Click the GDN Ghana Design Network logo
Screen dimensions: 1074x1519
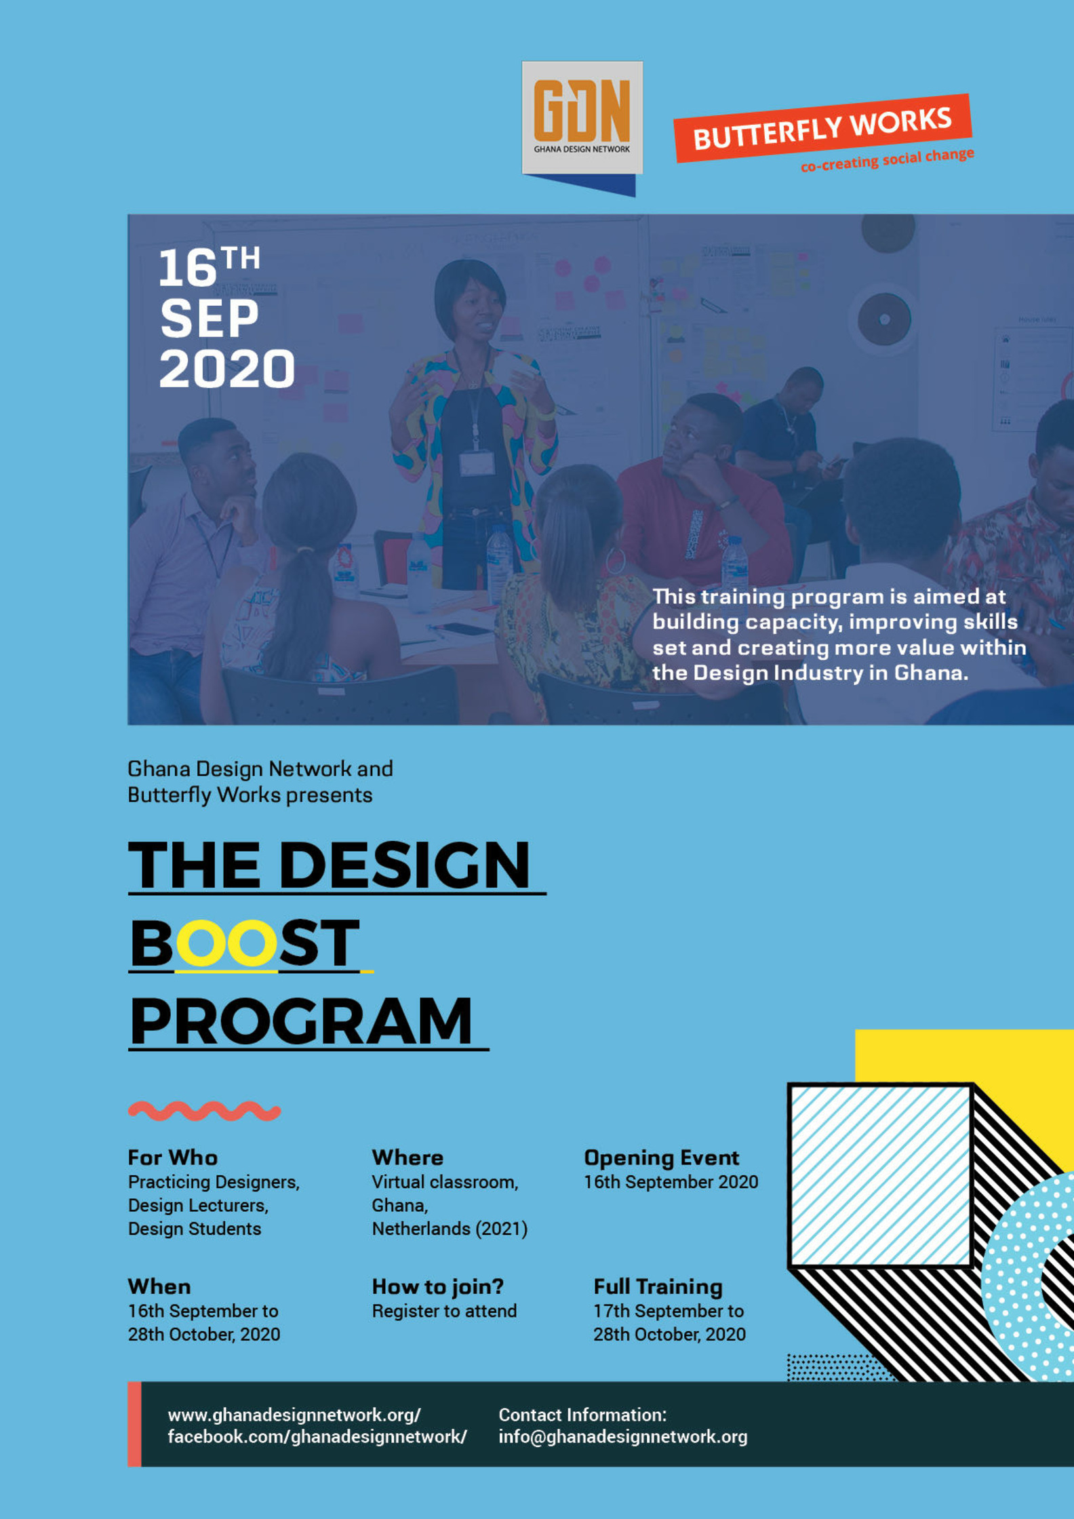click(x=582, y=118)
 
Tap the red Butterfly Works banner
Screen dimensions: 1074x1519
click(x=822, y=128)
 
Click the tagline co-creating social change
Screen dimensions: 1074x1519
click(x=888, y=160)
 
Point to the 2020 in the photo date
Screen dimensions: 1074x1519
click(x=227, y=369)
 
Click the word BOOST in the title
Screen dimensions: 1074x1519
click(x=244, y=943)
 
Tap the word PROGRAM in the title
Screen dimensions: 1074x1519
click(x=301, y=1021)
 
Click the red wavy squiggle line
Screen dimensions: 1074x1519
click(x=204, y=1111)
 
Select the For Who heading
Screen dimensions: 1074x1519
click(x=173, y=1158)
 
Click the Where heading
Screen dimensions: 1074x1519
click(x=407, y=1158)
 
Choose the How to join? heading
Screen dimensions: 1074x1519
click(x=438, y=1286)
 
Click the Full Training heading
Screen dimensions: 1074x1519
click(x=658, y=1287)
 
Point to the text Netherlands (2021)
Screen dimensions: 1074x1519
click(x=450, y=1229)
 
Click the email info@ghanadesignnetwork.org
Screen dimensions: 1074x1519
click(x=623, y=1436)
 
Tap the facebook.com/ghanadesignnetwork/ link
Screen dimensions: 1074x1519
click(x=317, y=1436)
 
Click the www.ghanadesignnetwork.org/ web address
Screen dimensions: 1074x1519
click(x=294, y=1415)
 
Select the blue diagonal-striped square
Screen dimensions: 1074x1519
click(x=881, y=1175)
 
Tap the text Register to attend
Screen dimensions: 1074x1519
click(x=444, y=1311)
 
